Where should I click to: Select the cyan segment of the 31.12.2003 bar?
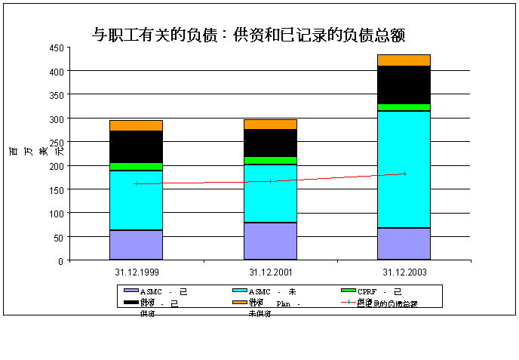pyautogui.click(x=404, y=169)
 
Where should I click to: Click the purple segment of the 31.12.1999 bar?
pyautogui.click(x=136, y=245)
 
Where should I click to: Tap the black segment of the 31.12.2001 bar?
pyautogui.click(x=270, y=143)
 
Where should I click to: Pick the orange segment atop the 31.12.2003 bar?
pyautogui.click(x=404, y=60)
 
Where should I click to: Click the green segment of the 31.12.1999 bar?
pyautogui.click(x=136, y=166)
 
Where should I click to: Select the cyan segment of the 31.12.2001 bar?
pyautogui.click(x=270, y=192)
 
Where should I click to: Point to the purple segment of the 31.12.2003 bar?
pyautogui.click(x=404, y=243)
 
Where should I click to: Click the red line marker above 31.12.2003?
pyautogui.click(x=404, y=174)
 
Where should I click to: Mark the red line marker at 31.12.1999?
pyautogui.click(x=137, y=183)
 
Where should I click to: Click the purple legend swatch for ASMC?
pyautogui.click(x=131, y=291)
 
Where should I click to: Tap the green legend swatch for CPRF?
pyautogui.click(x=348, y=291)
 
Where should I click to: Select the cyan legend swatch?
pyautogui.click(x=239, y=291)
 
